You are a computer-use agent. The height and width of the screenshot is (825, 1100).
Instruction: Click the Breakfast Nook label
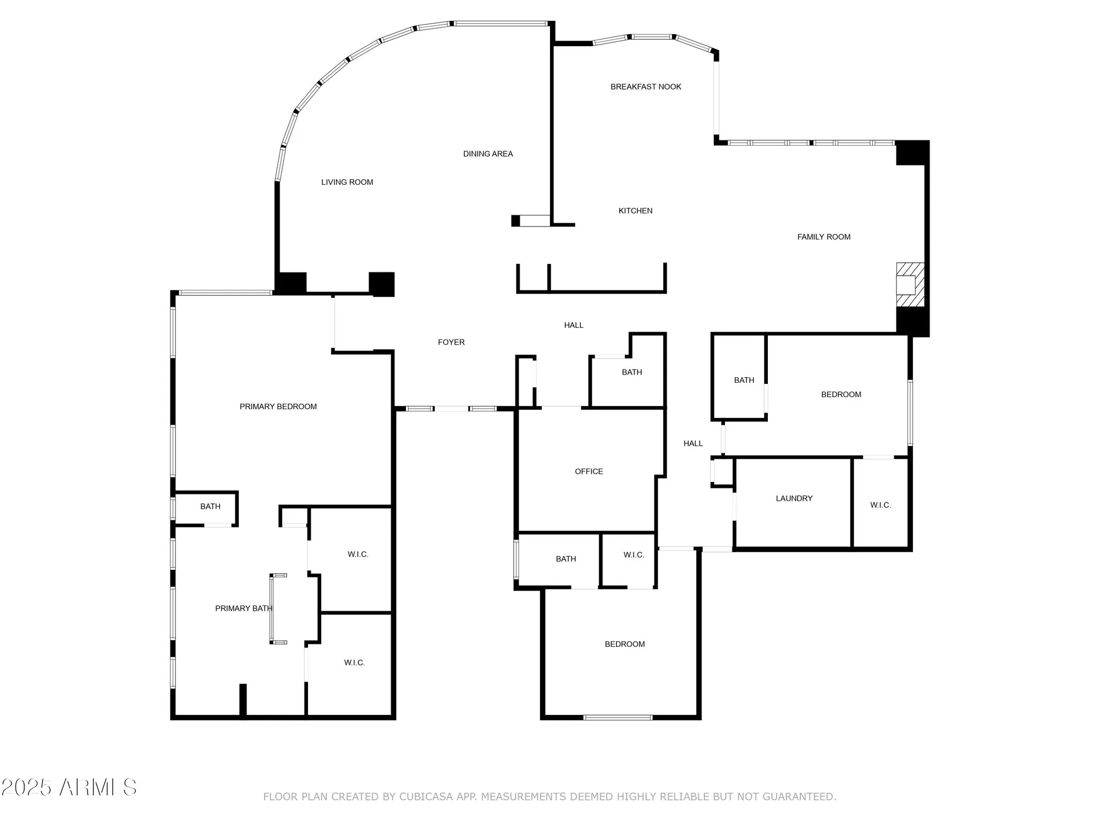pos(646,87)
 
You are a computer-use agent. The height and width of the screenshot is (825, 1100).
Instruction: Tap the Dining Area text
pos(488,154)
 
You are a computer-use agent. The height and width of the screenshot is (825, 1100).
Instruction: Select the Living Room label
pos(347,182)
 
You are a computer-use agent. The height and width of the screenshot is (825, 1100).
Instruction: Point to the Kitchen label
pos(635,211)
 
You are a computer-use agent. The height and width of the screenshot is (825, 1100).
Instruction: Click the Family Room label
pos(823,237)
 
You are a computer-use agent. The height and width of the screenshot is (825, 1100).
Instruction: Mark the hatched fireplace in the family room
pos(910,285)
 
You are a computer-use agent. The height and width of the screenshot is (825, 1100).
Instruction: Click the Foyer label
pos(451,342)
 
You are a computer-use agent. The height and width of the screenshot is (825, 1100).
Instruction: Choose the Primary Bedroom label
pos(278,406)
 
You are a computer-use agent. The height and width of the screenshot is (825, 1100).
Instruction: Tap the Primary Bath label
pos(243,608)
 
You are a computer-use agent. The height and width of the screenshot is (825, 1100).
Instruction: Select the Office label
pos(588,471)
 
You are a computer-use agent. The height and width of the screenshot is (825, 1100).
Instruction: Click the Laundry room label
pos(794,498)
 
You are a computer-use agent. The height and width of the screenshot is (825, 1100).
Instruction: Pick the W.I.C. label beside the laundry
pos(880,505)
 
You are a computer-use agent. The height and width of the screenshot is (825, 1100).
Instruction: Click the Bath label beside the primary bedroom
pos(210,507)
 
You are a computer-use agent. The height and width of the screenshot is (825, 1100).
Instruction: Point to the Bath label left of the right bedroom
pos(744,380)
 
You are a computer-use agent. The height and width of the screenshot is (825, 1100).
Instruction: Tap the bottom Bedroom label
pos(624,644)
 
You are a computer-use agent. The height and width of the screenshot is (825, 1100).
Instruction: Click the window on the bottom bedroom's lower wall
pos(618,717)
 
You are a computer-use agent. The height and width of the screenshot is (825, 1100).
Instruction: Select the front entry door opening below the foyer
pos(451,409)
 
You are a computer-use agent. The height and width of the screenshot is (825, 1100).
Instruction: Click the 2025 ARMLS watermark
pos(69,788)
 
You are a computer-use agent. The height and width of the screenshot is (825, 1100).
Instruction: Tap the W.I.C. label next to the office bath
pos(634,555)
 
